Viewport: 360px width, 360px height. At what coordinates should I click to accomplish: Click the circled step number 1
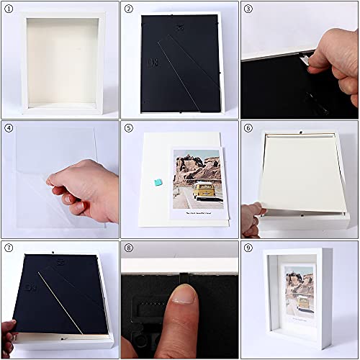click(x=9, y=9)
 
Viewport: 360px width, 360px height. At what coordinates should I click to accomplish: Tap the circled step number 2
click(x=129, y=9)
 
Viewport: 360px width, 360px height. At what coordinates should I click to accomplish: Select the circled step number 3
click(x=248, y=9)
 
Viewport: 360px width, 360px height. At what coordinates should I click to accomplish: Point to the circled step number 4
click(x=9, y=129)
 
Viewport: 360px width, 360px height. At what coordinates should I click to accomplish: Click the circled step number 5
click(x=129, y=129)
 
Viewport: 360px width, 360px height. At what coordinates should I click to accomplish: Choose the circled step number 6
click(x=248, y=129)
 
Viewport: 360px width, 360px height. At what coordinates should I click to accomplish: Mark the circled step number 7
click(x=9, y=249)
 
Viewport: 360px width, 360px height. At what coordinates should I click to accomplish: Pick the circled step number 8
click(x=129, y=249)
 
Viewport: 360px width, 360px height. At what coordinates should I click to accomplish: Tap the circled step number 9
click(x=248, y=249)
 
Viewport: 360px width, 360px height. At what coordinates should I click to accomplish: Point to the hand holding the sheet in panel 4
click(x=86, y=191)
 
